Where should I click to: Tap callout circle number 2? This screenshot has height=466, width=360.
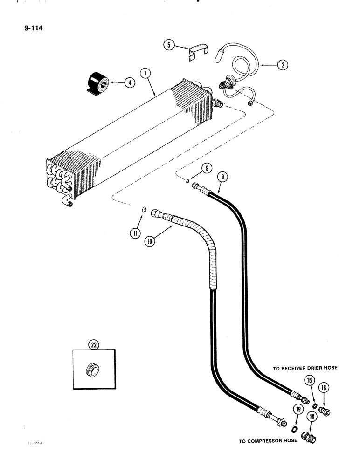[282, 65]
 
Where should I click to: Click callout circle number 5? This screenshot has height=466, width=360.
[168, 45]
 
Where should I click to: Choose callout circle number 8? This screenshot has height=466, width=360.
[222, 177]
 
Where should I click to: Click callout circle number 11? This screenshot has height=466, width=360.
[136, 233]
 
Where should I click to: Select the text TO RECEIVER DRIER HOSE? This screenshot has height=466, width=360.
[305, 368]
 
